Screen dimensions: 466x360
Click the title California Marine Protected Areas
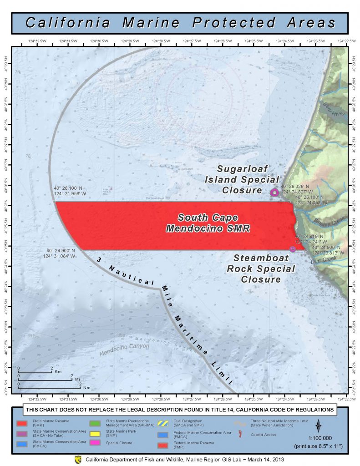180,22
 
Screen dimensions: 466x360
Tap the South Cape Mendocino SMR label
208,223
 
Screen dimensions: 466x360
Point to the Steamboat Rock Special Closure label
261,268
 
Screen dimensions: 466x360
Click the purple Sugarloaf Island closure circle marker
274,192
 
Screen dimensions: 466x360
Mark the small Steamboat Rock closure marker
292,249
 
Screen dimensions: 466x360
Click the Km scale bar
35,372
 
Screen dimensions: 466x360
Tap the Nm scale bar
50,387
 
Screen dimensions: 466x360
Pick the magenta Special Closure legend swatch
96,444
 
